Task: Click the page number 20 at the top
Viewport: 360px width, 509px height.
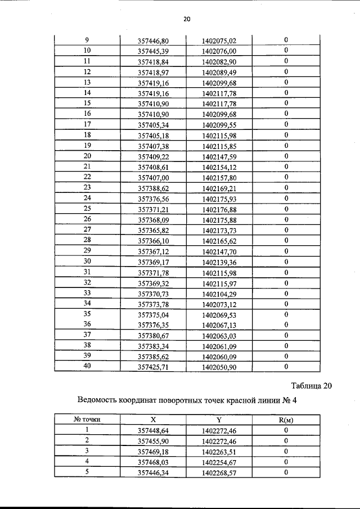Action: point(187,19)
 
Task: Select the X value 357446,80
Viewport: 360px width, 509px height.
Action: point(153,40)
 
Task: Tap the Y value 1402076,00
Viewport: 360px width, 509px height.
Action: point(219,51)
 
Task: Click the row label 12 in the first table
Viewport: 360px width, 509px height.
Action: point(87,72)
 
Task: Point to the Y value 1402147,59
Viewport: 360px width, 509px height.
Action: point(219,156)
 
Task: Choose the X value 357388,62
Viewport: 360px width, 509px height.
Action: point(153,188)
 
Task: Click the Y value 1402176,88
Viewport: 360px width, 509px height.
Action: point(219,209)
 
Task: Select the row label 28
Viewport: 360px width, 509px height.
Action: point(87,240)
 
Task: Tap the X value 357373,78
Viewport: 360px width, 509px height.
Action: point(153,304)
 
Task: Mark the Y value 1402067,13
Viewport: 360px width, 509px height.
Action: point(219,325)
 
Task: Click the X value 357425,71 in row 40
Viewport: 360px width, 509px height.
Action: point(153,367)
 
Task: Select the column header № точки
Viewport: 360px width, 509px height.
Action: point(87,420)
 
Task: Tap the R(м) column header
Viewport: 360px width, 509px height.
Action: point(286,420)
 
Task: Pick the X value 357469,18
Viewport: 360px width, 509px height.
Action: point(153,451)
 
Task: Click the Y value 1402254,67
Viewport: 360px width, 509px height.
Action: point(219,462)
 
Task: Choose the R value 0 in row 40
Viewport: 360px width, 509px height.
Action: point(286,367)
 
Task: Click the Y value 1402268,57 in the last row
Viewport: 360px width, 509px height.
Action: point(219,472)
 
